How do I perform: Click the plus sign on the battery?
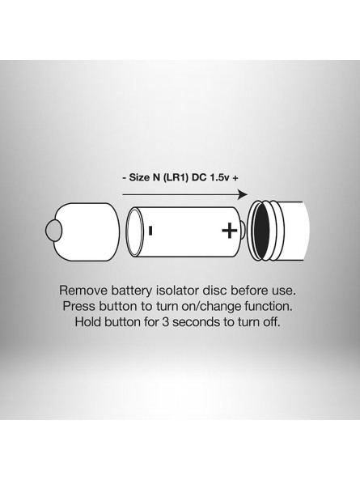click(x=229, y=231)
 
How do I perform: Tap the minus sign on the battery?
click(x=150, y=231)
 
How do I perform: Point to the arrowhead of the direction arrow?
click(x=243, y=195)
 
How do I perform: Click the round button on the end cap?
click(x=53, y=231)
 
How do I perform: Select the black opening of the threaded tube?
click(x=261, y=230)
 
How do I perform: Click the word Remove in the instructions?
click(x=83, y=291)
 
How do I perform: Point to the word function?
click(x=269, y=306)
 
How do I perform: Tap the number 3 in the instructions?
click(x=165, y=322)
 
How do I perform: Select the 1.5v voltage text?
click(x=219, y=177)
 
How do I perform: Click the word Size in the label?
click(x=139, y=177)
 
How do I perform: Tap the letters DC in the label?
click(x=199, y=177)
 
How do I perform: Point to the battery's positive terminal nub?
click(x=242, y=231)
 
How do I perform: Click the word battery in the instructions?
click(x=132, y=291)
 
